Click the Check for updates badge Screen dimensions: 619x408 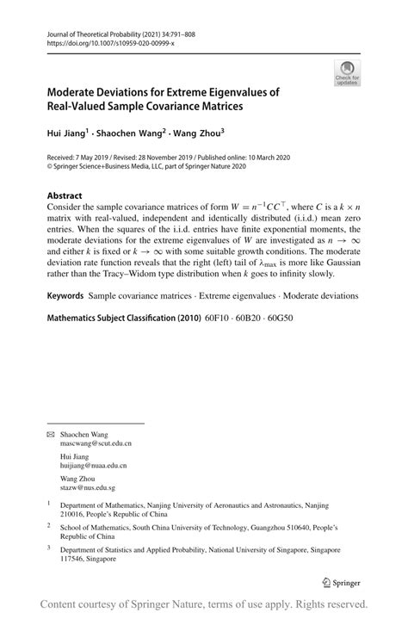(347, 72)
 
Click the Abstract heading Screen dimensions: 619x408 (65, 195)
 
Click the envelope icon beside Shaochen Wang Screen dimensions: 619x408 (50, 434)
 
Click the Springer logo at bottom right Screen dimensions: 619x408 (339, 581)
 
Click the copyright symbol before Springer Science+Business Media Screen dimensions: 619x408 (50, 168)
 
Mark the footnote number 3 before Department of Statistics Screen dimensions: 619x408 (49, 547)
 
